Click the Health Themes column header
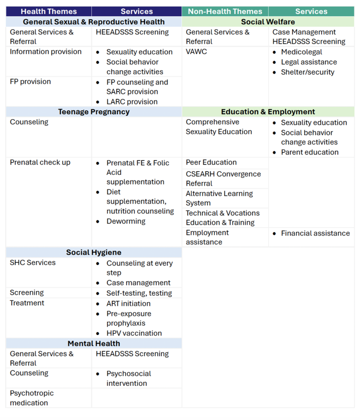click(x=48, y=11)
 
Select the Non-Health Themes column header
click(x=225, y=11)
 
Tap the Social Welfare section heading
click(x=268, y=22)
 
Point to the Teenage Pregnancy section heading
click(x=94, y=112)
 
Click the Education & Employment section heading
click(x=268, y=112)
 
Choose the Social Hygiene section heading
click(x=94, y=252)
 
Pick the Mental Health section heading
click(x=94, y=344)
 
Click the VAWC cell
click(x=197, y=52)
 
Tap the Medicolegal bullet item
click(x=301, y=52)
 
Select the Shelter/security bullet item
click(x=307, y=72)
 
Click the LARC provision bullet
click(x=132, y=102)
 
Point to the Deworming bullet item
click(x=126, y=221)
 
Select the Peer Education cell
click(x=211, y=162)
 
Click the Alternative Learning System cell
click(x=219, y=198)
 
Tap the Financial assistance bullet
click(x=315, y=233)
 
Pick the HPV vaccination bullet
click(x=134, y=333)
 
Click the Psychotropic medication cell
click(x=32, y=398)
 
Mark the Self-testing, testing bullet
click(x=139, y=293)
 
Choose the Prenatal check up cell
click(x=40, y=162)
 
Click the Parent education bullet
click(x=310, y=152)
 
